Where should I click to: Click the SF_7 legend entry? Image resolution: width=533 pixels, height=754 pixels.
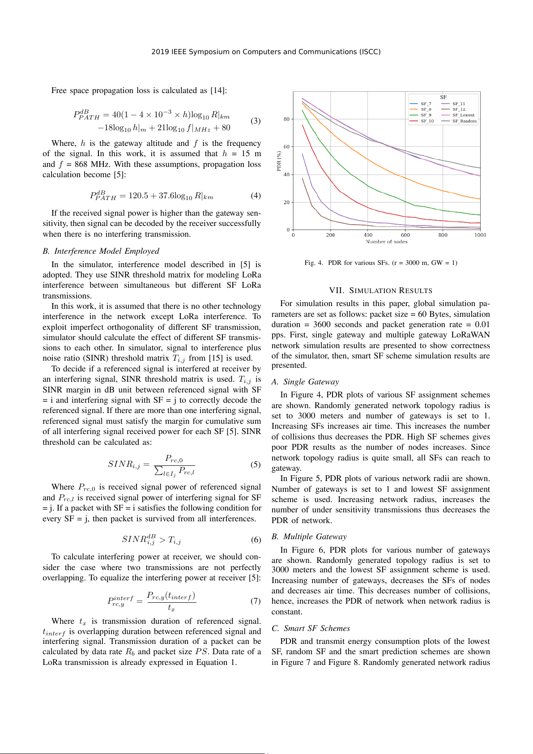426,104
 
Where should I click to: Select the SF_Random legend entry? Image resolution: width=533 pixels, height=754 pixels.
464,121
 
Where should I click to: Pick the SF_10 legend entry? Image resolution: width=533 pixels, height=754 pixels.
427,121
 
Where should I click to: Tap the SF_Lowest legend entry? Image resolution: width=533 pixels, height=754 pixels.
463,115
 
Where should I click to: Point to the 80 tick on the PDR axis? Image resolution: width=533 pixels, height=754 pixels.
286,119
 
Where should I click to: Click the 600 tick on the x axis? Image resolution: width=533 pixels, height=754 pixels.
405,235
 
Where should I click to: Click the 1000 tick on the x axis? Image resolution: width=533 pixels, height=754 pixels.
480,235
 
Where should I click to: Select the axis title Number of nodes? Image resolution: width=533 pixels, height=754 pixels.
387,242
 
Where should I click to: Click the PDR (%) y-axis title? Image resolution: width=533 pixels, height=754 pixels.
279,161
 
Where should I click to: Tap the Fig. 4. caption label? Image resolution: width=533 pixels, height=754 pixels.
314,263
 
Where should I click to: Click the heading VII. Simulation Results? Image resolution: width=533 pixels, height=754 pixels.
380,290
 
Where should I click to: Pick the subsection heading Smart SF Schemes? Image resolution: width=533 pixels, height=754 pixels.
316,628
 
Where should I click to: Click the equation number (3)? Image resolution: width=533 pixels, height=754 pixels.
256,121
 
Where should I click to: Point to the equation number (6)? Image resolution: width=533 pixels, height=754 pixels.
256,540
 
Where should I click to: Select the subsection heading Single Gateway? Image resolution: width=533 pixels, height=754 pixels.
311,382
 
